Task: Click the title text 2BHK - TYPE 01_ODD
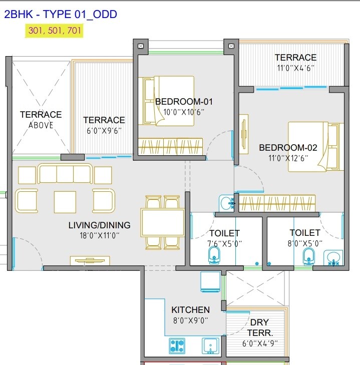(61, 14)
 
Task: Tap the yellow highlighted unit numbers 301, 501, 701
(54, 31)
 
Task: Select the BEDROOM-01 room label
(184, 102)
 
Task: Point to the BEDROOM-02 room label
(288, 148)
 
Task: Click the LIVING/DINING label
(99, 225)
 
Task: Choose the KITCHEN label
(190, 310)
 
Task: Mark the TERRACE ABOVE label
(41, 120)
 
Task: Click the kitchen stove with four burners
(177, 345)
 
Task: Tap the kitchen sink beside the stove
(210, 345)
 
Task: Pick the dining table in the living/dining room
(163, 222)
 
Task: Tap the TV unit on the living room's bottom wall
(90, 260)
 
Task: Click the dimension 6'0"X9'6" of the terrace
(104, 130)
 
